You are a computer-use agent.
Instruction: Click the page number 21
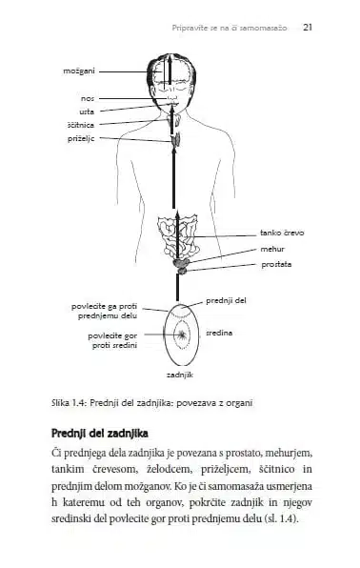click(x=308, y=28)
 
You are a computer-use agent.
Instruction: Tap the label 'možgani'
click(x=79, y=71)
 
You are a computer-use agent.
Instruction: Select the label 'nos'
click(x=88, y=98)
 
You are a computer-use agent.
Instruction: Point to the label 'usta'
click(x=87, y=112)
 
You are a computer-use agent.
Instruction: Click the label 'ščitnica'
click(x=81, y=125)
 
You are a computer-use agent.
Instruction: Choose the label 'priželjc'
click(x=81, y=138)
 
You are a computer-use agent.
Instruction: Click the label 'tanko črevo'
click(x=282, y=233)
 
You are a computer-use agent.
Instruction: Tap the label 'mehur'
click(x=272, y=249)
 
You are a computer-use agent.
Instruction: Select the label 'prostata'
click(x=276, y=264)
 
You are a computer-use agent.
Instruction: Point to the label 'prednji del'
click(x=226, y=300)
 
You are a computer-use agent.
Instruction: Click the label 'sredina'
click(x=219, y=333)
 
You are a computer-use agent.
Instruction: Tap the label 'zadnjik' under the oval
click(x=180, y=375)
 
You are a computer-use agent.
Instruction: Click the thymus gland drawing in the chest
click(x=176, y=139)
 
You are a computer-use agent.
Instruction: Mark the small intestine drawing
click(x=178, y=236)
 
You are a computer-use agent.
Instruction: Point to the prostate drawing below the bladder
click(x=182, y=271)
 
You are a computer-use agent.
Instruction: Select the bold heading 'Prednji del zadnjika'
click(x=100, y=434)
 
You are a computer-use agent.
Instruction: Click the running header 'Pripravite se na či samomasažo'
click(x=230, y=28)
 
